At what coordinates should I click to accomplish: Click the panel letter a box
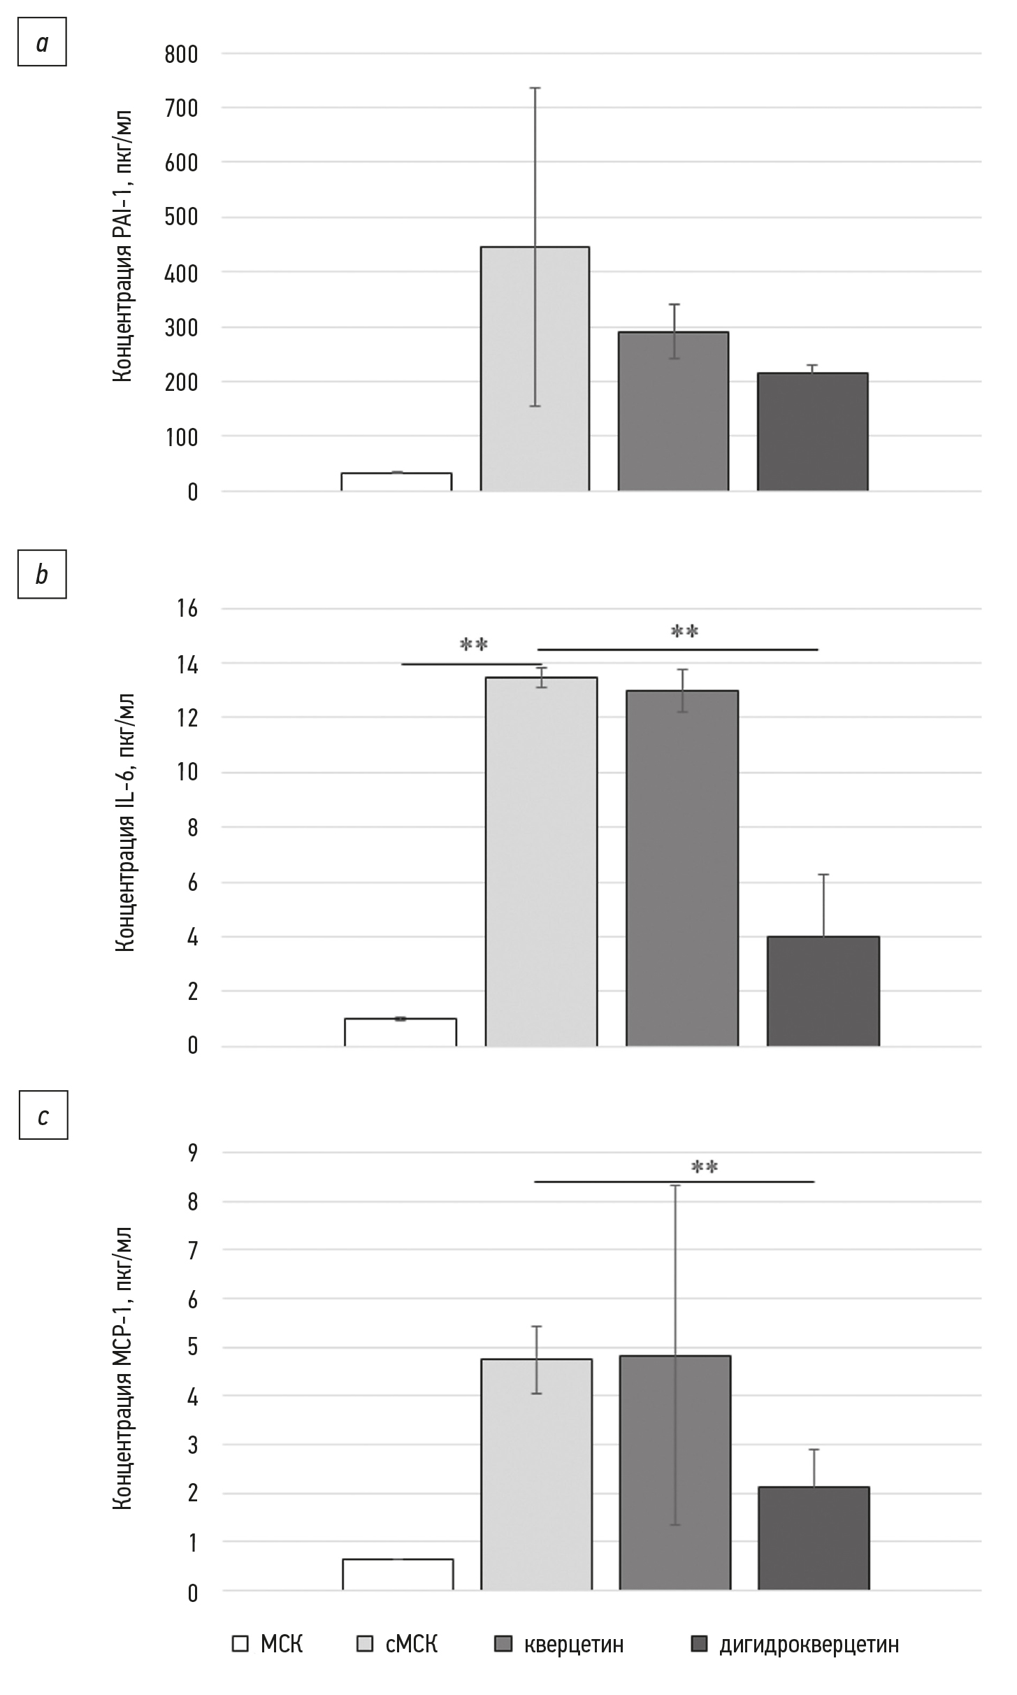click(x=42, y=44)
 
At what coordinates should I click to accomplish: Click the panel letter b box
click(x=42, y=575)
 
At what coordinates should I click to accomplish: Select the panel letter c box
click(x=43, y=1117)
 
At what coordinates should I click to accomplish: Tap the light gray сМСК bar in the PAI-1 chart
click(x=535, y=369)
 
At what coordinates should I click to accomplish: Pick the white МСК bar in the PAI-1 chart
click(x=396, y=482)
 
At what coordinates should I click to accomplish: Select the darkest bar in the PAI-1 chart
click(x=812, y=431)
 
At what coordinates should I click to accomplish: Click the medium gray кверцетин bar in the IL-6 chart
click(x=682, y=868)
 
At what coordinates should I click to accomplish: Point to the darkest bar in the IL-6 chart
click(x=823, y=991)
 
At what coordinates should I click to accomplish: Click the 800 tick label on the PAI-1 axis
click(x=181, y=55)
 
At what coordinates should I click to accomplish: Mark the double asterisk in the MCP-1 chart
click(x=705, y=1167)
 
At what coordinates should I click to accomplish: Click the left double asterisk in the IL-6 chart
click(x=473, y=644)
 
